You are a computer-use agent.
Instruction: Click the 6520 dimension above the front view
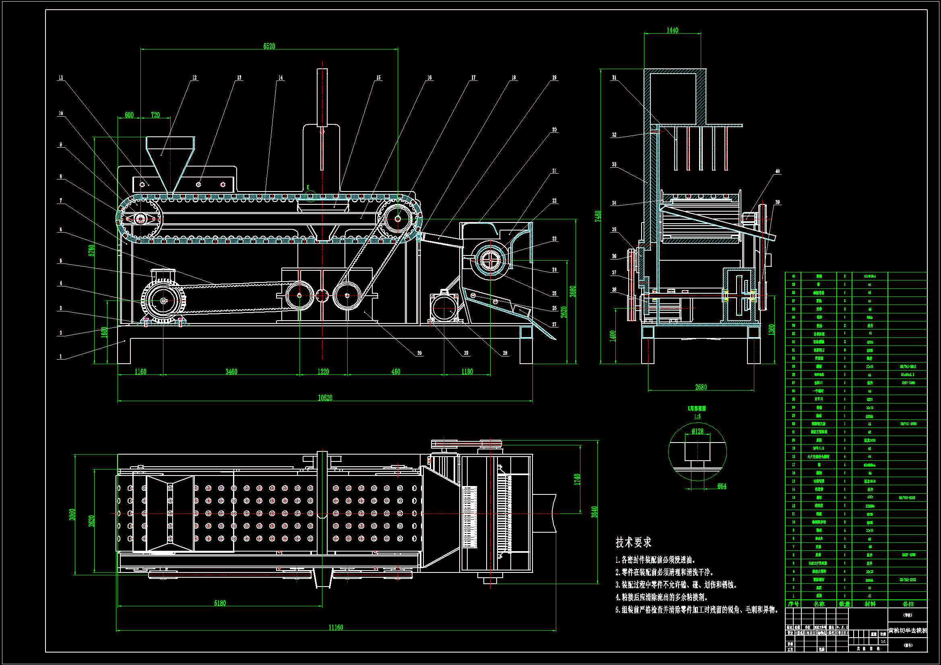269,46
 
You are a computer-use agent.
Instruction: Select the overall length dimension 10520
325,398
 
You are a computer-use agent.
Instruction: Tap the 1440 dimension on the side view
672,30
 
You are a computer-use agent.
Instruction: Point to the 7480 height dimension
598,216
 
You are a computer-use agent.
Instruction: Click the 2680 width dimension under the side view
701,387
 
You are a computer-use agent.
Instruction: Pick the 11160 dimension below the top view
336,627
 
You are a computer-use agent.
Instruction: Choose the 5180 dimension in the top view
220,603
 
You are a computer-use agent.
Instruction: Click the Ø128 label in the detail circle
697,431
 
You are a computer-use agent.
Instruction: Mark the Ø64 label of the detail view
721,486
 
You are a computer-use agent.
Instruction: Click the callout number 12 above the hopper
194,77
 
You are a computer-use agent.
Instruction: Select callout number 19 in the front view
554,77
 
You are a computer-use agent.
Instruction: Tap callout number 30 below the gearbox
419,353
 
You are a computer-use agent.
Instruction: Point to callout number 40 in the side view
777,171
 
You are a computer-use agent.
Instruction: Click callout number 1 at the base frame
61,356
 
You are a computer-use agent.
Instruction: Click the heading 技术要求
633,542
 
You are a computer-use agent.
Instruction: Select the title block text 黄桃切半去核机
907,630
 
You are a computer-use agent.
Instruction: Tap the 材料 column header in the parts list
870,604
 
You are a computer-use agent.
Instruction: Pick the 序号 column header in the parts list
793,604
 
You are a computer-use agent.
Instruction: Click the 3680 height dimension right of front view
573,291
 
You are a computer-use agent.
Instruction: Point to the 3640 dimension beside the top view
594,512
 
